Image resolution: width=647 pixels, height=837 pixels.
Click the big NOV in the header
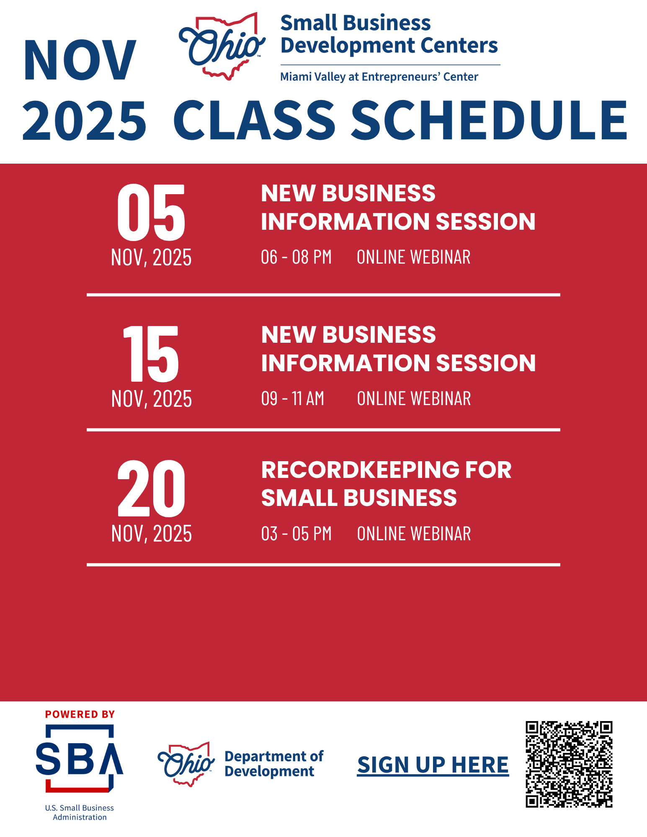[80, 60]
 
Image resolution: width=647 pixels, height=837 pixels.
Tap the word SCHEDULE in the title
[489, 121]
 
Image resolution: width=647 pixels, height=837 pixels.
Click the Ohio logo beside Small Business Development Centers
[222, 46]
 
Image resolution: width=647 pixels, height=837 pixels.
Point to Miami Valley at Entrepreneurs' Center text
[379, 77]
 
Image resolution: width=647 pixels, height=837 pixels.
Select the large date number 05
[151, 213]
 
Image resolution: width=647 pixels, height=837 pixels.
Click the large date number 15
[151, 354]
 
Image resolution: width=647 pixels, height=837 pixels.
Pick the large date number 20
[151, 488]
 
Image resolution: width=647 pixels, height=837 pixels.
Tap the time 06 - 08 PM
[296, 257]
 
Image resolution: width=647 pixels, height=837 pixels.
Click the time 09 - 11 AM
[293, 398]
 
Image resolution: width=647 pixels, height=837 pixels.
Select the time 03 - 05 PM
[296, 534]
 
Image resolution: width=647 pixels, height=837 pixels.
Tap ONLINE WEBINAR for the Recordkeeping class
[414, 534]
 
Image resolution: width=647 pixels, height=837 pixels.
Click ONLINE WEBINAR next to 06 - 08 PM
[413, 257]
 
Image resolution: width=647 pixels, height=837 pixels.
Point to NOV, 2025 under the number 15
[152, 399]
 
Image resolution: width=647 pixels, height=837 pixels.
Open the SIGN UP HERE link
[433, 765]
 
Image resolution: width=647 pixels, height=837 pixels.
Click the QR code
[569, 764]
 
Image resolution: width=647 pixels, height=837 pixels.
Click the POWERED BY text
[80, 714]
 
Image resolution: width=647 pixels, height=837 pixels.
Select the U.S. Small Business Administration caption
[80, 812]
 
